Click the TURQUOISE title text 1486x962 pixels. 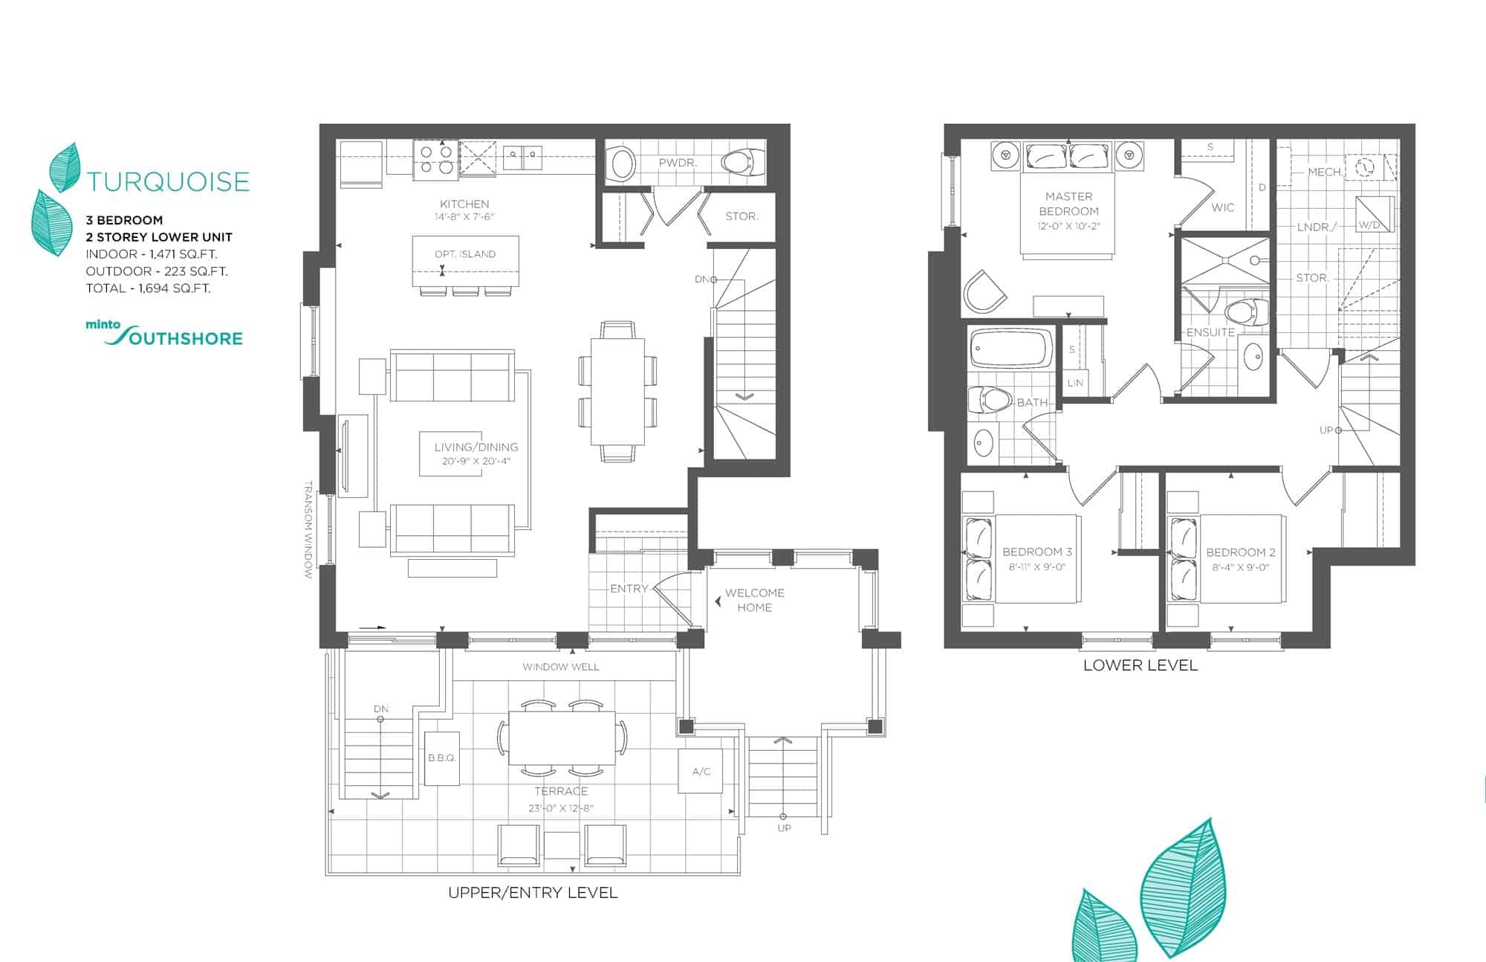coord(169,181)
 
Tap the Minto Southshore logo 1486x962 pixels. coord(164,334)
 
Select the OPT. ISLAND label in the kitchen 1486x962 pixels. coord(465,254)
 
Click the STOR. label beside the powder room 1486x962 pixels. coord(742,216)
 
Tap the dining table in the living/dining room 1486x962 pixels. coord(617,391)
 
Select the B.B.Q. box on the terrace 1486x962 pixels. coord(441,758)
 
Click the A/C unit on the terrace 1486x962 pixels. coord(701,771)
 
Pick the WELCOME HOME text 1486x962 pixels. coord(754,600)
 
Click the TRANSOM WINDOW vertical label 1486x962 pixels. coord(308,529)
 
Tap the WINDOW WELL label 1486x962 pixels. coord(560,667)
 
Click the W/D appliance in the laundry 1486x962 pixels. coord(1374,214)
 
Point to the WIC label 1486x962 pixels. coord(1222,207)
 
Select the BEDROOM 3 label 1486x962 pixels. coord(1036,552)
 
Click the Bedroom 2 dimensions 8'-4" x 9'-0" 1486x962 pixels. coord(1240,567)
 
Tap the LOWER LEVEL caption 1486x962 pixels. coord(1140,665)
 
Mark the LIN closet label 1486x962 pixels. coord(1074,383)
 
